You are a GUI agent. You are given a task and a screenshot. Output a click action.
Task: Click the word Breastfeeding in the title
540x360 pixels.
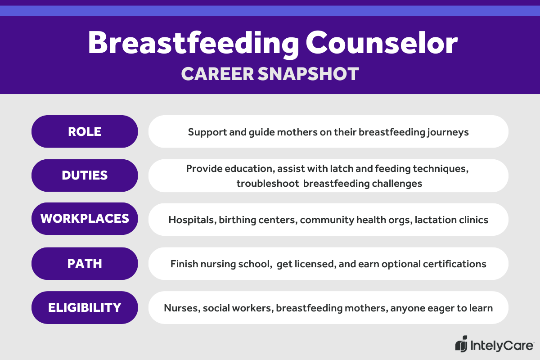click(x=192, y=44)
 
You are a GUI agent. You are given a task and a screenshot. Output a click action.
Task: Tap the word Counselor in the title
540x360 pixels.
click(x=382, y=44)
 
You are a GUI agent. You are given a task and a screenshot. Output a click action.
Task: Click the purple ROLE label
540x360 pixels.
click(x=85, y=131)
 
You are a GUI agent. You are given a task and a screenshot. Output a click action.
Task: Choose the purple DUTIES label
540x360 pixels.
click(x=85, y=175)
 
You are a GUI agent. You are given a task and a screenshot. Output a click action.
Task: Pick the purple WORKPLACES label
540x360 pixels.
click(x=85, y=219)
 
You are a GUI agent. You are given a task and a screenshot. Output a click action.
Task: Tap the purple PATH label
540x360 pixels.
click(x=85, y=263)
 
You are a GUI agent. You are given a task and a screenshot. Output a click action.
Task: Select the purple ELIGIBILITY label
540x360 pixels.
click(x=85, y=307)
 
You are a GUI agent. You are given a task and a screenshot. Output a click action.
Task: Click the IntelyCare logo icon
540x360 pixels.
click(x=461, y=345)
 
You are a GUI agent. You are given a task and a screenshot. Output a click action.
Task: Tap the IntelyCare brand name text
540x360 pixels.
click(x=502, y=346)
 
